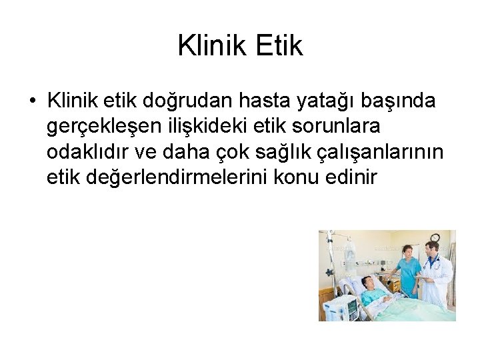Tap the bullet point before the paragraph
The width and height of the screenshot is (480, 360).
(x=33, y=101)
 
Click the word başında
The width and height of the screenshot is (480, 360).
(x=402, y=101)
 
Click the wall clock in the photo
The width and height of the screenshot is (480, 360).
(x=435, y=237)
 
